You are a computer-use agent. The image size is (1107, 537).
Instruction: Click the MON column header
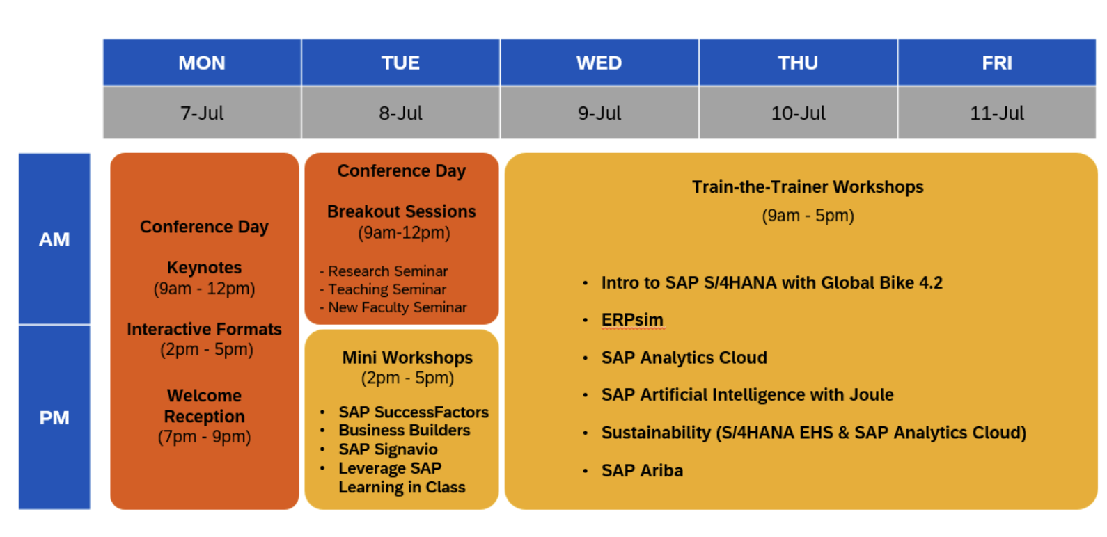coord(202,62)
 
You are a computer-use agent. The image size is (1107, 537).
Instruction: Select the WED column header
coord(599,62)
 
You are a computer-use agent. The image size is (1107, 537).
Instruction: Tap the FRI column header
coord(997,62)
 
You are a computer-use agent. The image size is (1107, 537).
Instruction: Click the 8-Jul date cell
coord(400,113)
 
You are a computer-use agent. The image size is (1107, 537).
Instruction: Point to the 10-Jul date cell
coord(798,113)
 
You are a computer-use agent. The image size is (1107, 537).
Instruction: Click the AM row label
coord(54,239)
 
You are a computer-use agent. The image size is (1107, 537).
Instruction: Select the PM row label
coord(54,417)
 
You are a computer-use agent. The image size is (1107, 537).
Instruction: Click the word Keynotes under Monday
coord(204,268)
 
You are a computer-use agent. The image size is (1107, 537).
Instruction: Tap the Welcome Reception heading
coord(204,406)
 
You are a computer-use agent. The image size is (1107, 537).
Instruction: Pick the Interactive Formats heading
coord(204,329)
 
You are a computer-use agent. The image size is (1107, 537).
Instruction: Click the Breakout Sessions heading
coord(401,211)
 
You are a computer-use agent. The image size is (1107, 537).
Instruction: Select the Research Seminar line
coord(384,271)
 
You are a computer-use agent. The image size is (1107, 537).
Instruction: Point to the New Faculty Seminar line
coord(393,307)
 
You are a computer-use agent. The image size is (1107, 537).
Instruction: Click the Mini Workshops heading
coord(407,358)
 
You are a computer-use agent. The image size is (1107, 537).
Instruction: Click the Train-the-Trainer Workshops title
coord(808,187)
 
